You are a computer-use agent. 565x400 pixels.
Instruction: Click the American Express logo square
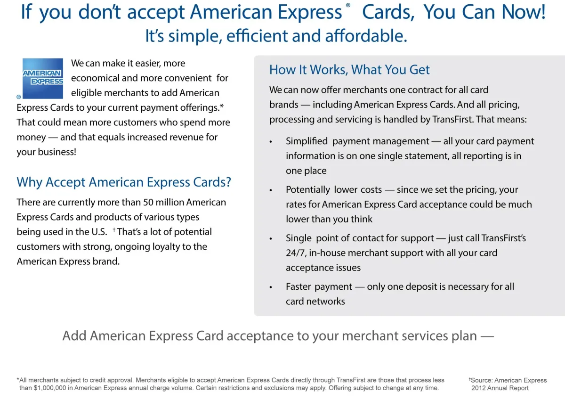pyautogui.click(x=43, y=79)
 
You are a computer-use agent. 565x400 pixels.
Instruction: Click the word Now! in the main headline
pyautogui.click(x=524, y=12)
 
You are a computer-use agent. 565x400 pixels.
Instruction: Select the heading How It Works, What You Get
pyautogui.click(x=349, y=70)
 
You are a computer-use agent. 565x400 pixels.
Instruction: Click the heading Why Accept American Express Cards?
pyautogui.click(x=123, y=182)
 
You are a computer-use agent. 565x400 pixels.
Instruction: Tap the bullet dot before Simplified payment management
pyautogui.click(x=271, y=142)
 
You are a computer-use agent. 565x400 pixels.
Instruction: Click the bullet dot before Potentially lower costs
pyautogui.click(x=271, y=190)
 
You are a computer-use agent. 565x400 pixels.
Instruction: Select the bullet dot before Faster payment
pyautogui.click(x=271, y=287)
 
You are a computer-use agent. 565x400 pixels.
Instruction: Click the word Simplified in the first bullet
pyautogui.click(x=307, y=141)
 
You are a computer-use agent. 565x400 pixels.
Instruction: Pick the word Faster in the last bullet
pyautogui.click(x=299, y=286)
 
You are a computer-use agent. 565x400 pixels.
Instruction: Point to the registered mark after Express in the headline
pyautogui.click(x=348, y=5)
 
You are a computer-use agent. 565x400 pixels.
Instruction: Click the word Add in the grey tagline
pyautogui.click(x=74, y=336)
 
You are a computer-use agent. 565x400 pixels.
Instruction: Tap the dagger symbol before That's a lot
pyautogui.click(x=114, y=229)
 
